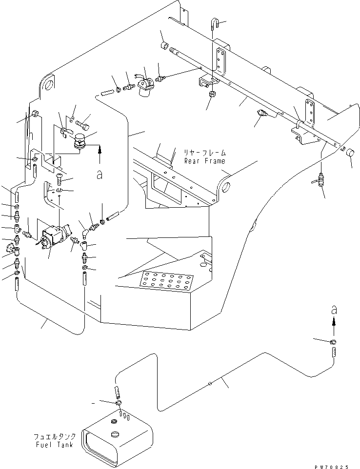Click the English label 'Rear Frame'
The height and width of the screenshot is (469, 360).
tap(204, 161)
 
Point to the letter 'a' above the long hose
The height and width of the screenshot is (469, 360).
tap(333, 310)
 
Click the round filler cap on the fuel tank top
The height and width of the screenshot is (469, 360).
tap(115, 434)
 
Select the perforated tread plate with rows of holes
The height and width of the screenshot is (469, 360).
tap(164, 282)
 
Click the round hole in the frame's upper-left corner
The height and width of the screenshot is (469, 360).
tap(49, 84)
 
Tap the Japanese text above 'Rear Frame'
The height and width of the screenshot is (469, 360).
tap(204, 153)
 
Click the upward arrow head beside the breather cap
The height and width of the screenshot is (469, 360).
tap(99, 147)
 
